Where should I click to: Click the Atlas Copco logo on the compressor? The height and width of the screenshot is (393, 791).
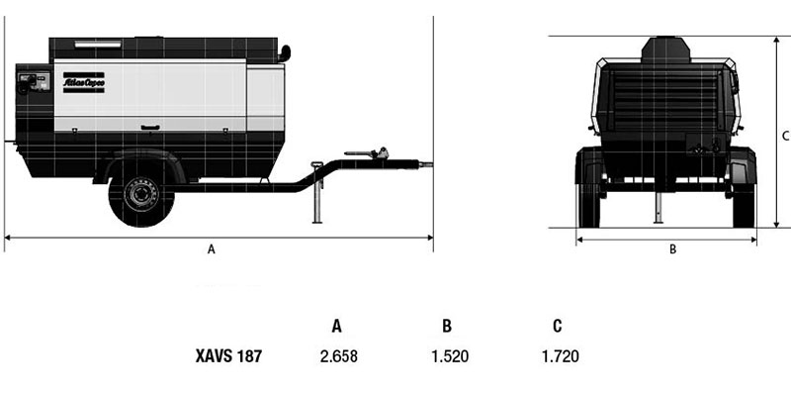point(84,82)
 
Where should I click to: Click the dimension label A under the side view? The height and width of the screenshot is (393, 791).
point(212,249)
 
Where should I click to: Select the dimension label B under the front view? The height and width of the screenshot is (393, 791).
point(672,249)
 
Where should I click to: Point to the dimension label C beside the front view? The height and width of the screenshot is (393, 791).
point(785,136)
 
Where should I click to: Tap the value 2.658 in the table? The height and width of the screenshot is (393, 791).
point(339,356)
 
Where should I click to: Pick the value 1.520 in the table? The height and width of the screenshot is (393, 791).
point(450,356)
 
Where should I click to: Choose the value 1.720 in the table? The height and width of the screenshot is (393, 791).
point(561,356)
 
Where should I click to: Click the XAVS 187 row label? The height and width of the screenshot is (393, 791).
point(228,356)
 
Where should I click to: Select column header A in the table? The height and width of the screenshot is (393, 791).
point(336,327)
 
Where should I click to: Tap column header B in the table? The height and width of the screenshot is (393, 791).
point(447,327)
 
